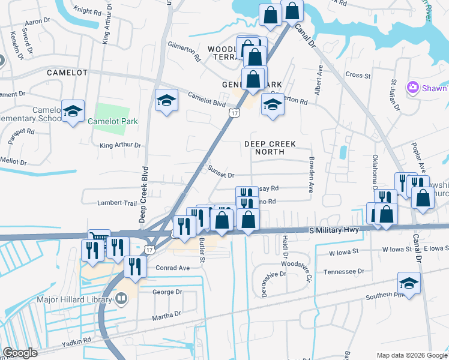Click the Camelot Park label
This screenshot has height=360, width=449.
(x=113, y=121)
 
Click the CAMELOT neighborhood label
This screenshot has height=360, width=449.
(x=67, y=73)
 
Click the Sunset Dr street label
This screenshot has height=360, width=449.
(x=220, y=173)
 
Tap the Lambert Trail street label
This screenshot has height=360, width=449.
(x=117, y=203)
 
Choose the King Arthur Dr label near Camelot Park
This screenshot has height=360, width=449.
(x=120, y=145)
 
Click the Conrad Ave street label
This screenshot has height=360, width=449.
(x=172, y=268)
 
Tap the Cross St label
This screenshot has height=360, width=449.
(x=358, y=75)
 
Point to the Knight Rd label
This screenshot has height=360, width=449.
(x=88, y=11)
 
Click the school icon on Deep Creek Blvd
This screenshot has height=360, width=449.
(x=166, y=100)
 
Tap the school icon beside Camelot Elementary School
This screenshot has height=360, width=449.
(x=73, y=111)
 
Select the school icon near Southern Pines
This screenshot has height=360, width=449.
(x=409, y=283)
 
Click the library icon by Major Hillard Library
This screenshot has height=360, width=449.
(x=121, y=298)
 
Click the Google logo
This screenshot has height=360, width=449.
(x=20, y=353)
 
